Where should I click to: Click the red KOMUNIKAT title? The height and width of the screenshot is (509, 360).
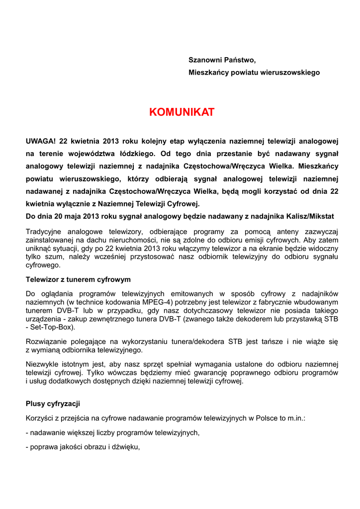[x=181, y=112]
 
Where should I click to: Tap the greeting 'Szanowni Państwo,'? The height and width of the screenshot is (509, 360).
[x=222, y=60]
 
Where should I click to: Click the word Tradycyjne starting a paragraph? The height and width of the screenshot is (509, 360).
[x=45, y=231]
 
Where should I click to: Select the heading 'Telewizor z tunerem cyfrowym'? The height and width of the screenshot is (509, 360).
[x=78, y=279]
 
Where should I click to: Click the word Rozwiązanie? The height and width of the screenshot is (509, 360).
[x=46, y=341]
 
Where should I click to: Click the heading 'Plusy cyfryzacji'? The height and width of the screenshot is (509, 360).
[x=53, y=404]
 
